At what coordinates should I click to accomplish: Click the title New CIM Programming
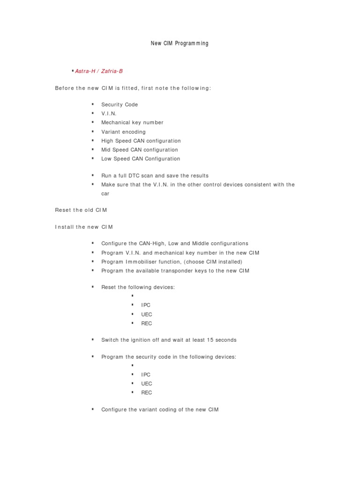(x=180, y=43)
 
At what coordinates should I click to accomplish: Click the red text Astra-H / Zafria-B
(x=99, y=71)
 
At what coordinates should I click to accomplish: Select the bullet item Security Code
(x=120, y=105)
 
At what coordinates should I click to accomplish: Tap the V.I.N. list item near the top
(x=109, y=113)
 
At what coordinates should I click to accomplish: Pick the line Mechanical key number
(x=132, y=122)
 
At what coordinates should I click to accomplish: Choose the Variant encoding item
(x=123, y=132)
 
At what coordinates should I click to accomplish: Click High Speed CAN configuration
(x=141, y=141)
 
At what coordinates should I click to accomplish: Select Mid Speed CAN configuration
(x=140, y=150)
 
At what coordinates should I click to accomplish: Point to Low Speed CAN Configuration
(x=141, y=159)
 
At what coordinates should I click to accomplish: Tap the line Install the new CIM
(x=84, y=227)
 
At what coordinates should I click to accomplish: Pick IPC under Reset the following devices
(x=146, y=305)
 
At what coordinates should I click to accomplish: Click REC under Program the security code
(x=146, y=392)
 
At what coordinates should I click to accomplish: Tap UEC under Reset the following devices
(x=146, y=314)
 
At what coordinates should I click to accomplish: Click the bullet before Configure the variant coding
(x=93, y=409)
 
